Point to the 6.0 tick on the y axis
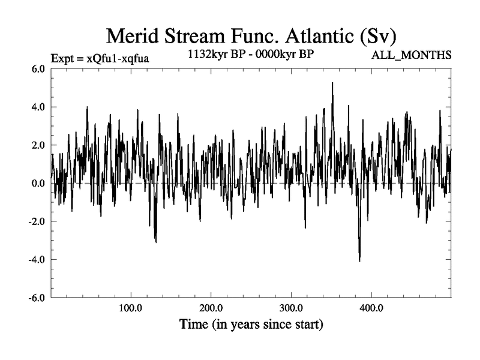[x=38, y=68]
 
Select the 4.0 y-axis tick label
[x=38, y=107]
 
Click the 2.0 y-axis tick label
[x=38, y=145]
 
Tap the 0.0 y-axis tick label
[x=38, y=183]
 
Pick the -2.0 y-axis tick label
[x=37, y=221]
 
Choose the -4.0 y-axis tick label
[x=37, y=260]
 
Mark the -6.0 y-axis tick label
[x=37, y=298]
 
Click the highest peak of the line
[x=332, y=83]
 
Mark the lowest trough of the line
[x=359, y=261]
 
